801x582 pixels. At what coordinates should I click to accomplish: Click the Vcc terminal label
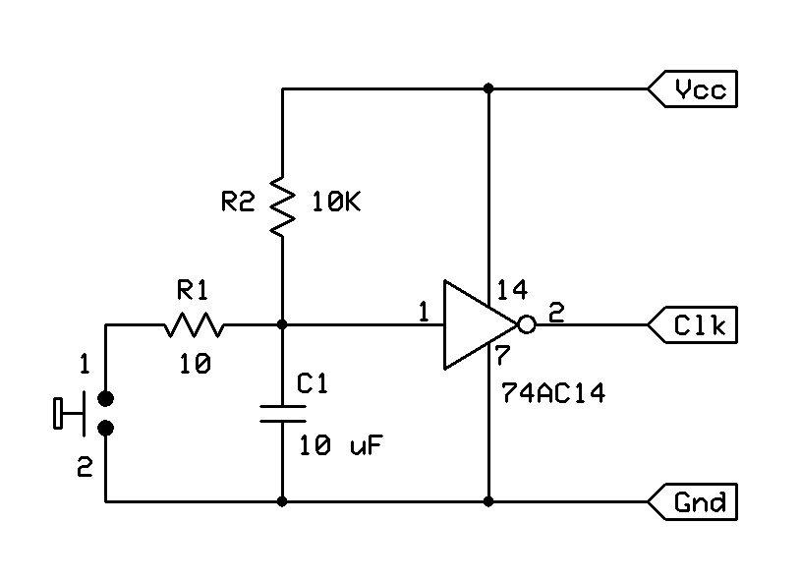(x=700, y=90)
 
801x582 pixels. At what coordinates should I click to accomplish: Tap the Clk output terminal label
(x=700, y=324)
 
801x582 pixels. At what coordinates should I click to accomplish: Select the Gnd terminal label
(x=700, y=502)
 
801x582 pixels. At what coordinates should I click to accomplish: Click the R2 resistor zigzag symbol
(x=282, y=204)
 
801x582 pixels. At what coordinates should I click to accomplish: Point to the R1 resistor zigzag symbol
(x=194, y=324)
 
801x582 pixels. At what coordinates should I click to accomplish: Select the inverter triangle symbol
(x=475, y=324)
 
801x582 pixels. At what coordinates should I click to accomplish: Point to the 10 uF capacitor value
(x=340, y=444)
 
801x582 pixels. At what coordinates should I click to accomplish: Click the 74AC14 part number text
(x=549, y=395)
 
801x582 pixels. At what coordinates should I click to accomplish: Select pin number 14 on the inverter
(x=512, y=290)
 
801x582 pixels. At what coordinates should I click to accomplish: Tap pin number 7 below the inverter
(x=501, y=355)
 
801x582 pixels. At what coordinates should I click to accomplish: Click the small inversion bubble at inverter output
(x=527, y=324)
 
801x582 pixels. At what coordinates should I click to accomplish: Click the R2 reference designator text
(x=238, y=203)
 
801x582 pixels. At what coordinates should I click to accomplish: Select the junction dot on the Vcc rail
(x=488, y=89)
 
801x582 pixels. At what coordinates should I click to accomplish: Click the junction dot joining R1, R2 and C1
(x=282, y=324)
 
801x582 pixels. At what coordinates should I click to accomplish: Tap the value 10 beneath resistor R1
(x=194, y=365)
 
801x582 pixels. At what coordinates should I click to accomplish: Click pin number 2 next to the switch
(x=85, y=469)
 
